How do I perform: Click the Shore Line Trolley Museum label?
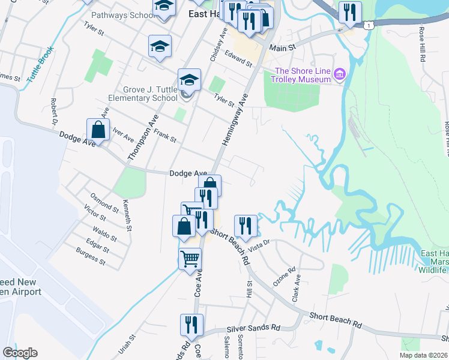(303, 75)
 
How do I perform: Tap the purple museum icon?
(340, 74)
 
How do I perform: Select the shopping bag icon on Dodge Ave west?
(98, 129)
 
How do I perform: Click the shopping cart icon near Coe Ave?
(190, 259)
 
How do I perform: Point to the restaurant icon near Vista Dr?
(246, 226)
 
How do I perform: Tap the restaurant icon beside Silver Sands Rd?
(191, 325)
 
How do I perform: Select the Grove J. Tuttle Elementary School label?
(143, 94)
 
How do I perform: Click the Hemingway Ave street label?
(235, 121)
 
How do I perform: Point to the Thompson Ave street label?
(142, 137)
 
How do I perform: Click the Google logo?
(20, 353)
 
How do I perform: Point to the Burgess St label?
(91, 259)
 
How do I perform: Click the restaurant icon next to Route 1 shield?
(349, 13)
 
